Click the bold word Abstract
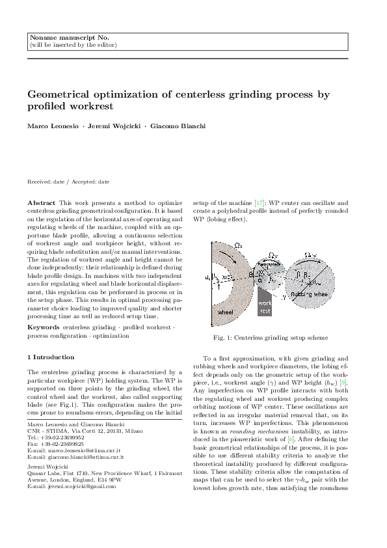pos(42,203)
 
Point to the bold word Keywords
pos(44,326)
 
